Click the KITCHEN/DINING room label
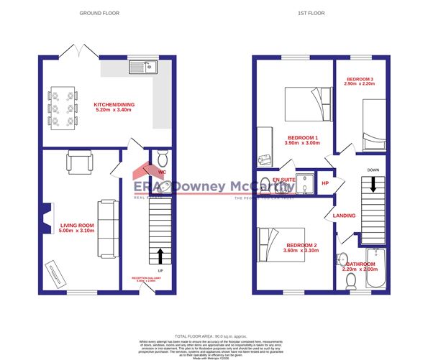click(113, 109)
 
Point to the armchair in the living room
click(78, 162)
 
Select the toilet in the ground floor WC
click(161, 159)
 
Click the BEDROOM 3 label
click(360, 81)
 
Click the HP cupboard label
click(324, 183)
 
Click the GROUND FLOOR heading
click(99, 14)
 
